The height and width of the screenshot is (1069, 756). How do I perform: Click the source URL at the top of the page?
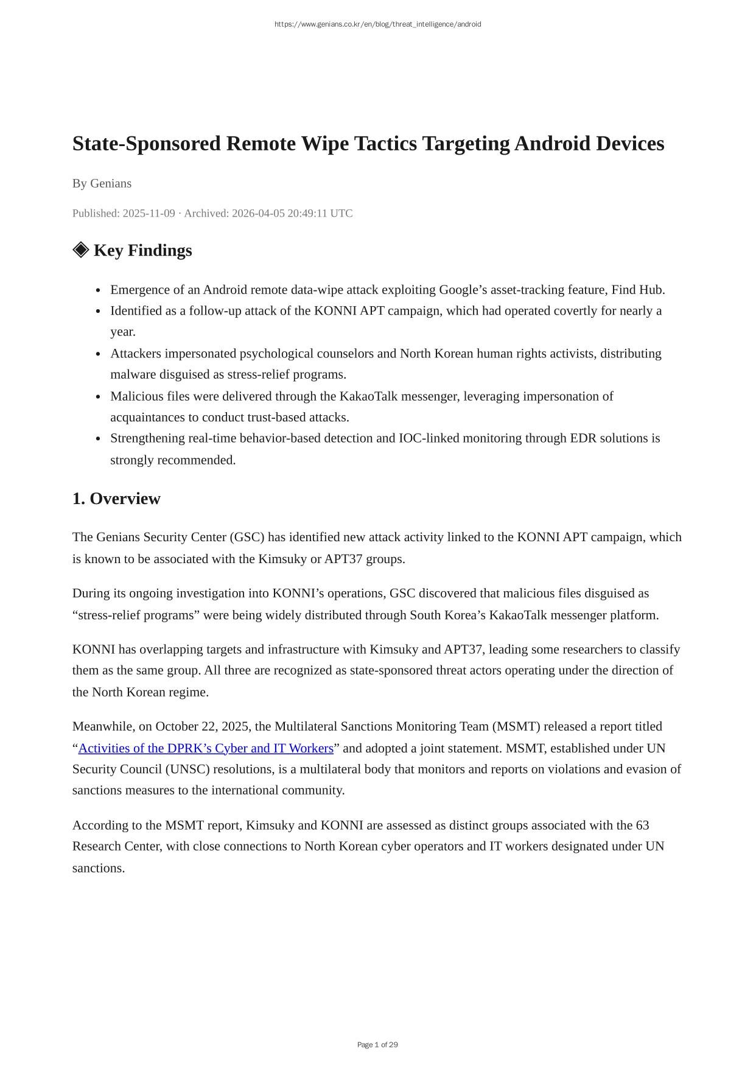tap(377, 24)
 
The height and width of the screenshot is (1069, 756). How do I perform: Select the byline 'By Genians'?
tap(102, 183)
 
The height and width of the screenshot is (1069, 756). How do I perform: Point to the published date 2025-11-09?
tap(149, 213)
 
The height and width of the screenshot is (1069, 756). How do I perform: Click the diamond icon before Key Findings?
tap(80, 250)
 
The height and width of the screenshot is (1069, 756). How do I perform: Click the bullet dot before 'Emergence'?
tap(98, 290)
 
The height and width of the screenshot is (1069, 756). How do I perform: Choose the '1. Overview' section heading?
tap(116, 499)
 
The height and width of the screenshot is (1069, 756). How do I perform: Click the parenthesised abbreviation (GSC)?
tap(247, 537)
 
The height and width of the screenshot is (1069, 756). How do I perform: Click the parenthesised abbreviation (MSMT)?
tap(516, 726)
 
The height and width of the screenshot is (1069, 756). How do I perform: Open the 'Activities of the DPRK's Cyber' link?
tap(206, 748)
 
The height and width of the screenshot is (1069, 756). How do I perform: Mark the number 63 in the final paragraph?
tap(642, 825)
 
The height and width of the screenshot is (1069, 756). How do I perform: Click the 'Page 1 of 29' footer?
tap(377, 1045)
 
